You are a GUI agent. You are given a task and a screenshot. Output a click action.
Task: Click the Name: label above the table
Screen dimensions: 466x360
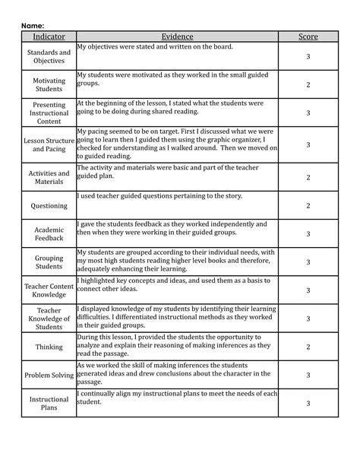tap(32, 25)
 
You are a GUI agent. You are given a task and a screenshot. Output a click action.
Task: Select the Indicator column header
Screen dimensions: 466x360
tap(49, 36)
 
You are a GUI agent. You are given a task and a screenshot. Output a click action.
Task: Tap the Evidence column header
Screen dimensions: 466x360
tap(177, 36)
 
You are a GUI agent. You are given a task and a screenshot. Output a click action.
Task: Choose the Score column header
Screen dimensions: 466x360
tap(308, 36)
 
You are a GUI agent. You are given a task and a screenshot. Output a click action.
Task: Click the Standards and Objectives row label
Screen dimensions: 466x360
tap(49, 56)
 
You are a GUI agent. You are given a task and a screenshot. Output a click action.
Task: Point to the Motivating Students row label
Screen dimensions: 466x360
tap(49, 84)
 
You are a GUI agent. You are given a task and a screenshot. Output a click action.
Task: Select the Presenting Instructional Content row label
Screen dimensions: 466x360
tap(49, 113)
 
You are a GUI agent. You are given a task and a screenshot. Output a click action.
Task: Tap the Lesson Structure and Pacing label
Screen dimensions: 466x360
tap(49, 144)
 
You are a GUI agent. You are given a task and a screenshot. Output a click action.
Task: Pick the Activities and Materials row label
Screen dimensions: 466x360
tap(49, 177)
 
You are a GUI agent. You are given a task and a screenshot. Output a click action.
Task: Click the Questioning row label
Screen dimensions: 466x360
tap(49, 205)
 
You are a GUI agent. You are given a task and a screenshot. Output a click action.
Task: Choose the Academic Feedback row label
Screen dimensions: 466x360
tap(49, 233)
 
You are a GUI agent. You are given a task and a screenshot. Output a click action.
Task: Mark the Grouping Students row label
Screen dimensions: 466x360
tap(49, 262)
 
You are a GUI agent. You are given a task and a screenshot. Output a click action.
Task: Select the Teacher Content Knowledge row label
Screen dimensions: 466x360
tap(49, 290)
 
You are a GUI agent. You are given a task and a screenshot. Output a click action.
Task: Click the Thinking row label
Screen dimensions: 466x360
tap(49, 347)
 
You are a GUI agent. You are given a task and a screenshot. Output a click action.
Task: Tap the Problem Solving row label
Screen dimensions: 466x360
tap(49, 375)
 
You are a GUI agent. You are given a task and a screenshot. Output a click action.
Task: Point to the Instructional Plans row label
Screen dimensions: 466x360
tap(49, 403)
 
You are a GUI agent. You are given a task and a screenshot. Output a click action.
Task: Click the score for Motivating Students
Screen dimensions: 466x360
tap(308, 84)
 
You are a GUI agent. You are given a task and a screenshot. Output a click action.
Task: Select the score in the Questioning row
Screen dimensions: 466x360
tap(308, 205)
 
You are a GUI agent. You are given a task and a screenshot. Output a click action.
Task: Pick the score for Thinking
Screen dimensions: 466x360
tap(308, 347)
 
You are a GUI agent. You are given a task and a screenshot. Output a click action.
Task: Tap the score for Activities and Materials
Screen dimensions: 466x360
tap(308, 177)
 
